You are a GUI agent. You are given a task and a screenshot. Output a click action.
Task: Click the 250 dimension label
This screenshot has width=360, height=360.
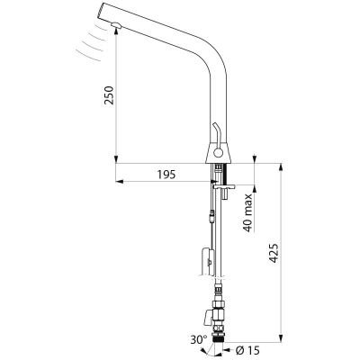tap(109, 95)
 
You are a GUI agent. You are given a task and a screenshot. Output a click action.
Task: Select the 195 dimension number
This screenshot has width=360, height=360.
tap(166, 175)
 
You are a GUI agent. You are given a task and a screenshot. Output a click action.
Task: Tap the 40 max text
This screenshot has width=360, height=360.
tap(247, 212)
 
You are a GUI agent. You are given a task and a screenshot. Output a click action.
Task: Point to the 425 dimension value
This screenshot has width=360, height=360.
tap(274, 253)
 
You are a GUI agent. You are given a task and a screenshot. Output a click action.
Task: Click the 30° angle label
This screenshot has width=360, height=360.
tap(199, 340)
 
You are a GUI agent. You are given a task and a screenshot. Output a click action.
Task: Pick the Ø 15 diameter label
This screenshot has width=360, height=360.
tap(247, 350)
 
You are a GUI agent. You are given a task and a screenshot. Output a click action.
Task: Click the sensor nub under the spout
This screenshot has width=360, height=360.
tap(115, 25)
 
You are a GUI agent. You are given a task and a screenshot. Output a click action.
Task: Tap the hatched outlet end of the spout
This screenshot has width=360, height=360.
tap(100, 11)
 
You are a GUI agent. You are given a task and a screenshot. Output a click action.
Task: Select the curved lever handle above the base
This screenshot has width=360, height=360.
tap(216, 131)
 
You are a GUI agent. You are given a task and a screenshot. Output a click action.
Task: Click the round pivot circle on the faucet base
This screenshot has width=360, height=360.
tap(218, 154)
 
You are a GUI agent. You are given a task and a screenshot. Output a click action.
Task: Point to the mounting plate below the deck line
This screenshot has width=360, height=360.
tap(224, 187)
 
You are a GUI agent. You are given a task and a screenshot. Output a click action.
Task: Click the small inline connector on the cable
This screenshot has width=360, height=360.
tap(212, 216)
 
